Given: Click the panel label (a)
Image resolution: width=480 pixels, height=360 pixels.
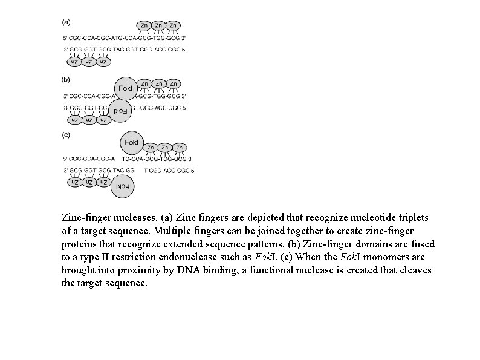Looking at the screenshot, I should (66, 22).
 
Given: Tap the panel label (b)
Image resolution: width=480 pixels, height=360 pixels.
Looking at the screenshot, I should (66, 79).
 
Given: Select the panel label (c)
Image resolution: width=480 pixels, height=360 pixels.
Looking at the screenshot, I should (66, 134).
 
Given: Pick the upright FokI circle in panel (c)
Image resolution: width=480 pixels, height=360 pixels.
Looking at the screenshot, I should (132, 143).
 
